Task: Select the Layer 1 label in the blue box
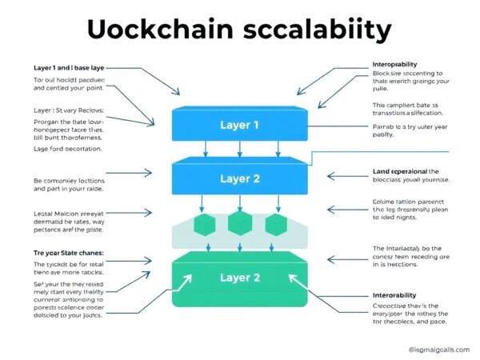(240, 125)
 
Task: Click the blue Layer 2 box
(240, 178)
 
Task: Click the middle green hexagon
(240, 223)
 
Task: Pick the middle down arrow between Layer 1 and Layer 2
(240, 149)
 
